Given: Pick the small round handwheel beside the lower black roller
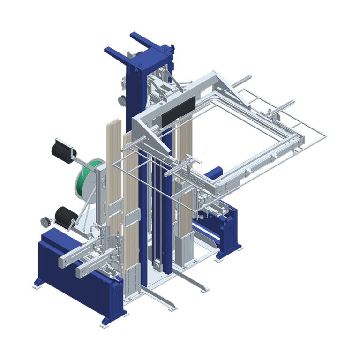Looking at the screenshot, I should click(x=45, y=221).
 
